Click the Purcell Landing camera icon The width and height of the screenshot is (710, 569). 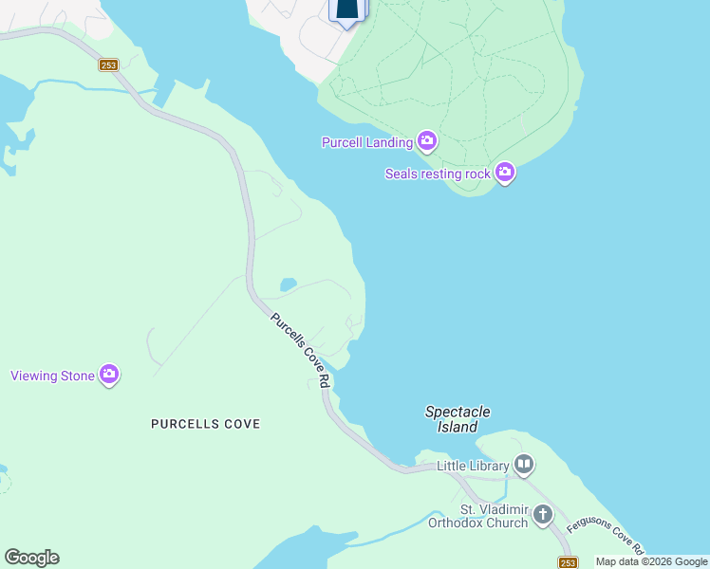point(427,142)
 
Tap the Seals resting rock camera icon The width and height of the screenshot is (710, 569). point(504,173)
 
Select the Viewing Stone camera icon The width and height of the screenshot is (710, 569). point(109,375)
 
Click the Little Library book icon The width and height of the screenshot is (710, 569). point(523,465)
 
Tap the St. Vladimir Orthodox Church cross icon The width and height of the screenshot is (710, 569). point(542,515)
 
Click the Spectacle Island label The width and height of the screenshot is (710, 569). point(458,419)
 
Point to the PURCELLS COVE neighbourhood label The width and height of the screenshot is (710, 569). point(205,424)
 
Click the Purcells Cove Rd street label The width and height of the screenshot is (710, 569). point(300,350)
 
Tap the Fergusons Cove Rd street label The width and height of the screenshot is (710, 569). point(605,536)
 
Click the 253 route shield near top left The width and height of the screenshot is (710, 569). point(108,64)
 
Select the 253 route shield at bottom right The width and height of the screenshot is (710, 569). point(568,561)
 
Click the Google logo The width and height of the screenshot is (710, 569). point(31,558)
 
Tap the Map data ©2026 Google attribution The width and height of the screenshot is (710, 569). point(651,561)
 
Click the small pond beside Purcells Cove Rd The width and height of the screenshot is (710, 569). point(288,284)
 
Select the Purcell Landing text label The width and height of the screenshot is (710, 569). point(367,142)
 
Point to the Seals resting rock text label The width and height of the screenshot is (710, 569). point(438,174)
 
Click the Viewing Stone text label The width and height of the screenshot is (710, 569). point(52,376)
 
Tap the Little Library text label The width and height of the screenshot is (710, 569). point(473,466)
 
